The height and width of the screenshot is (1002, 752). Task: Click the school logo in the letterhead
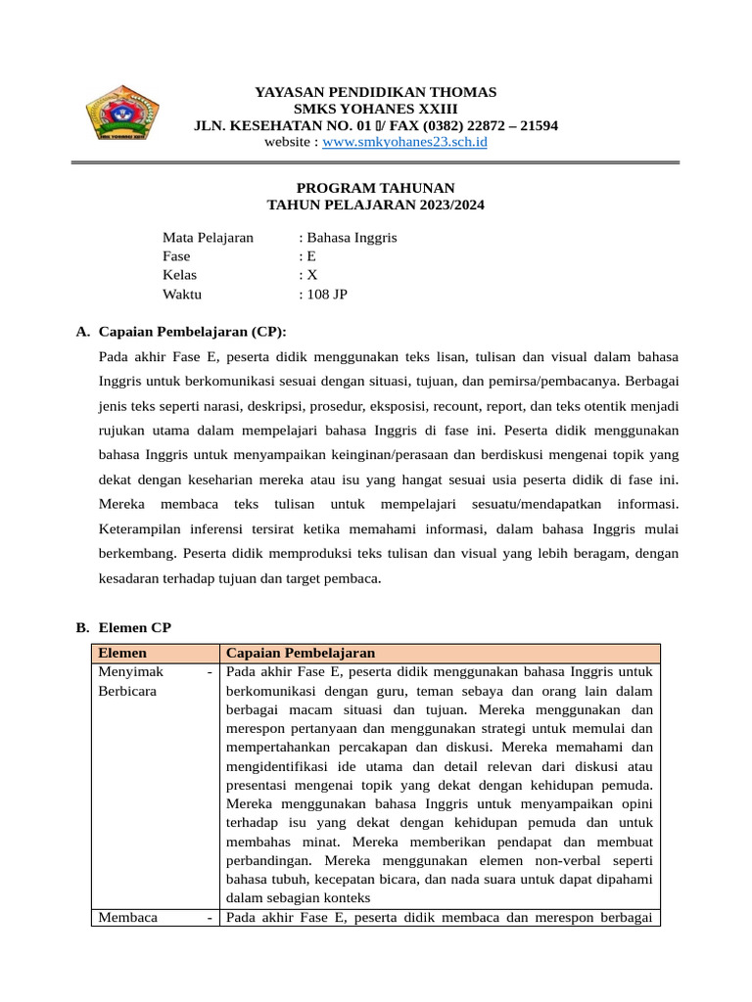(121, 112)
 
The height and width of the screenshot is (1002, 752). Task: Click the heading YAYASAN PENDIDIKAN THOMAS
(375, 92)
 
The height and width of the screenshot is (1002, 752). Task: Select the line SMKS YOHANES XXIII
(375, 109)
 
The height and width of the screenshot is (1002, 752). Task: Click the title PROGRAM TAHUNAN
(375, 188)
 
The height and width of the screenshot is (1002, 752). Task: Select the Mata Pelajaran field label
(208, 238)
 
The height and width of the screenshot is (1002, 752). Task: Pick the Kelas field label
(180, 275)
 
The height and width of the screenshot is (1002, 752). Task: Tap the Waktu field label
(182, 294)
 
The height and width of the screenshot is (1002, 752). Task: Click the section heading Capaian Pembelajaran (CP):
(193, 332)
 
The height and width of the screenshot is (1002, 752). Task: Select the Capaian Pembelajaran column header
(300, 653)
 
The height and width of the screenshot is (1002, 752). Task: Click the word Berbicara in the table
(127, 691)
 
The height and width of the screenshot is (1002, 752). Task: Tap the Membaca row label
(128, 917)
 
